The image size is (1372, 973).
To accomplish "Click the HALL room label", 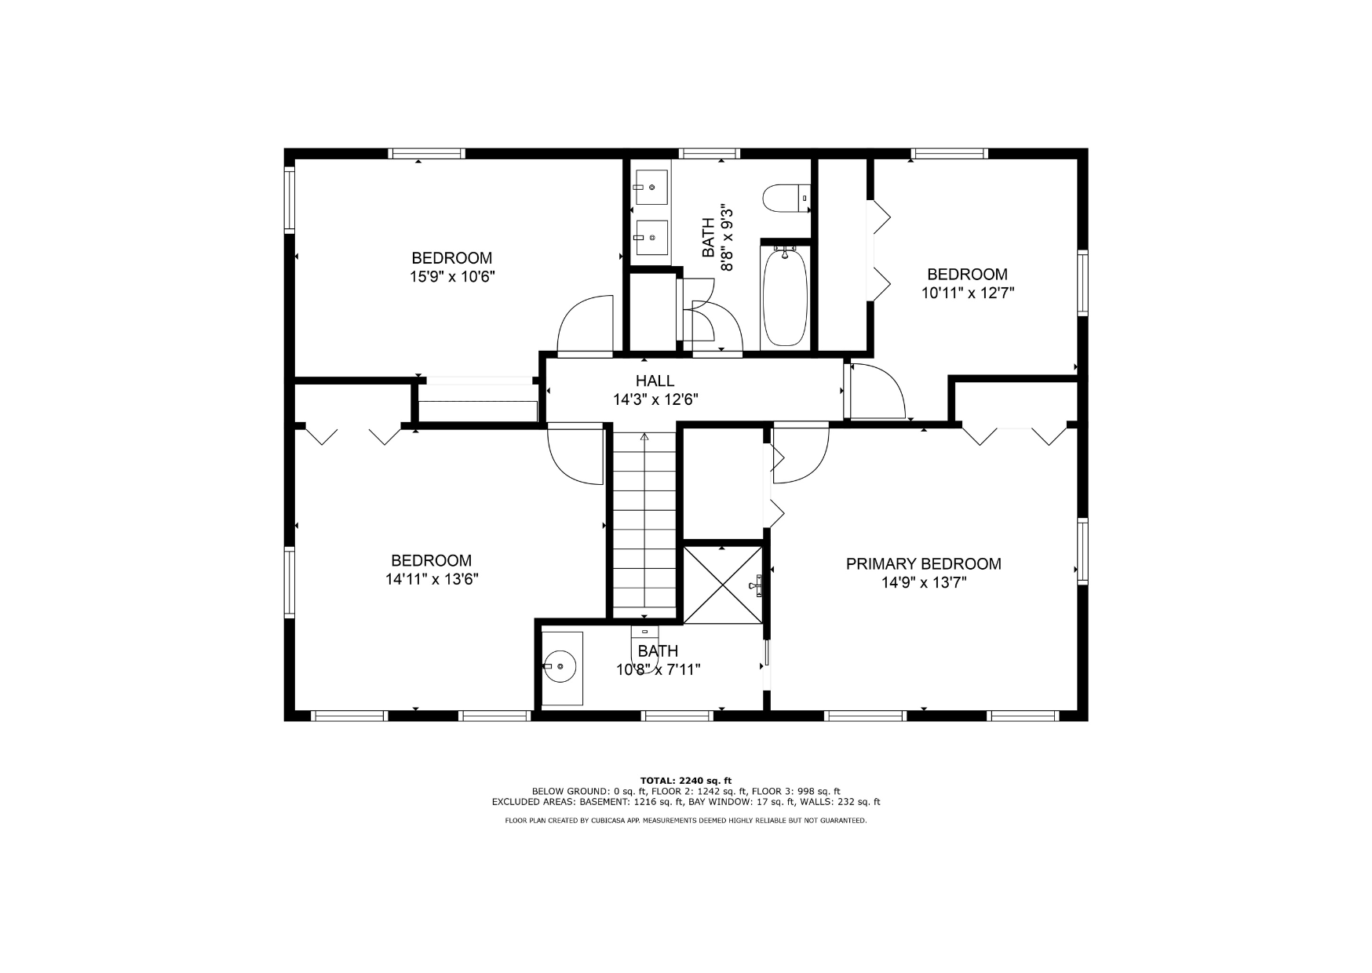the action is click(x=655, y=381).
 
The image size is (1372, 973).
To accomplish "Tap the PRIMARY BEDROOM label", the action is click(x=923, y=563).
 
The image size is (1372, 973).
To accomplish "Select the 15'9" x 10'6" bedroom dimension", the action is click(x=452, y=277).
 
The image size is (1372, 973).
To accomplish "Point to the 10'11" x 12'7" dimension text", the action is click(x=968, y=293).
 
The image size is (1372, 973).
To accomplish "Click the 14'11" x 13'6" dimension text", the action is click(x=432, y=579).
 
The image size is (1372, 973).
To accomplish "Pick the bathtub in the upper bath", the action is click(x=785, y=296).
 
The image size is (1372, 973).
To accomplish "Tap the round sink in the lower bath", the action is click(x=560, y=666).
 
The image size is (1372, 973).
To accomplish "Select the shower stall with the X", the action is click(x=723, y=585).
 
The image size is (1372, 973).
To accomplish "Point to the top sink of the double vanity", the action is click(x=651, y=188).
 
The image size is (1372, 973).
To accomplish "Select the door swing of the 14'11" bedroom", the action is click(x=575, y=454).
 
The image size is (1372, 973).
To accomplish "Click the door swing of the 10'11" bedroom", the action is click(x=878, y=392).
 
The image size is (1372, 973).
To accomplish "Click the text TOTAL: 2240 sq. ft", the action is click(x=686, y=780).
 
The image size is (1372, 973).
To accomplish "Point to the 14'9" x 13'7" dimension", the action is click(x=923, y=583).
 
